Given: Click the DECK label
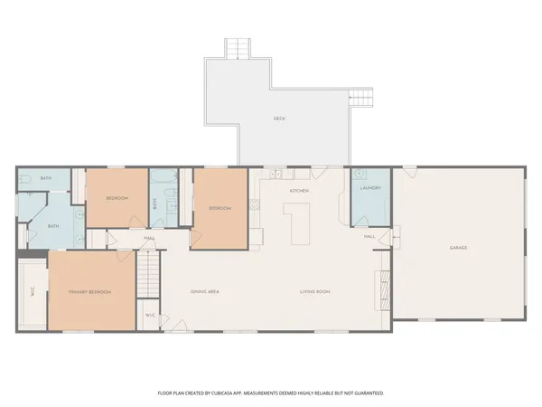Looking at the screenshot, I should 279,118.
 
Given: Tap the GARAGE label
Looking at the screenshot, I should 458,247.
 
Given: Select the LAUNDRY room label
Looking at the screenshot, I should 369,188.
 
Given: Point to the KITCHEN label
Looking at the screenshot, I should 299,192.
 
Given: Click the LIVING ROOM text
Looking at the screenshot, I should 315,291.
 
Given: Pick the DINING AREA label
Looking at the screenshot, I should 205,291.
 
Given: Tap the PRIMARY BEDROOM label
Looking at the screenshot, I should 90,292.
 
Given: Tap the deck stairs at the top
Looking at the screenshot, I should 238,48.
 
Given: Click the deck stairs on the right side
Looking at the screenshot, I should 361,99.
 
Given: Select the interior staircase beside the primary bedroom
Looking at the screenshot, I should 148,272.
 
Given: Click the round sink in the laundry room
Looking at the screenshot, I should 359,173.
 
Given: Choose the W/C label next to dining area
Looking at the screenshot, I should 150,315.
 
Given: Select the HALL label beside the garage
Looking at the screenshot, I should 369,236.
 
